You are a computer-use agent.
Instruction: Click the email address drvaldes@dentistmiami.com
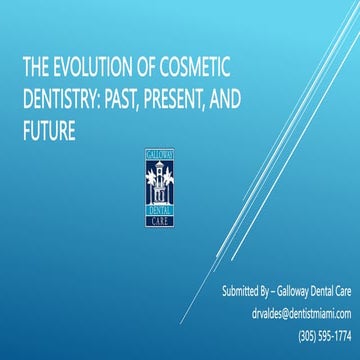pyautogui.click(x=287, y=313)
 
